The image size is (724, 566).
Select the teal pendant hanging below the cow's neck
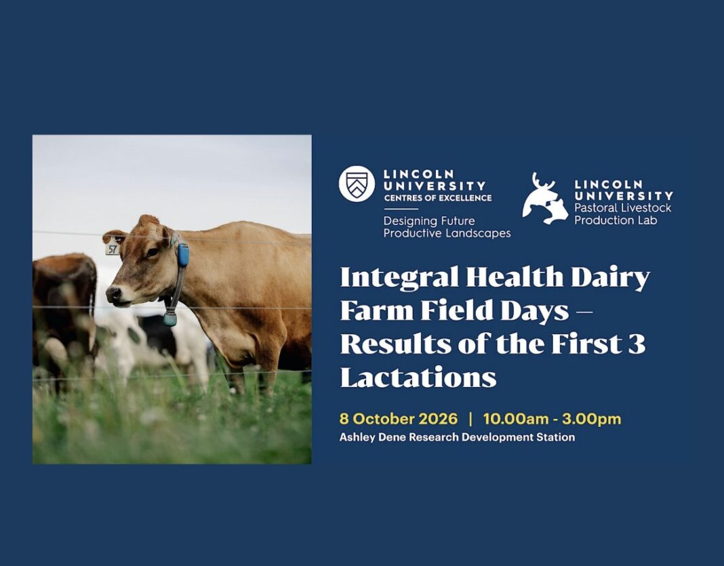tap(169, 319)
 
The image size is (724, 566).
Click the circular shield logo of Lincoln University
tap(357, 184)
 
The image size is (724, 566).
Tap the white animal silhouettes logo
tap(545, 199)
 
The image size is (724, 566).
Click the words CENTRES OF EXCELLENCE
tap(438, 198)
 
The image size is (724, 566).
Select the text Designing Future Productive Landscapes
tap(447, 227)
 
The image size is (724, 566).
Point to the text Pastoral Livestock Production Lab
tap(622, 214)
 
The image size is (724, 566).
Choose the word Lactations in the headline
tap(418, 377)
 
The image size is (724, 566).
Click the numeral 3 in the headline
tap(637, 344)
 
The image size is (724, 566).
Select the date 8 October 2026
tap(399, 419)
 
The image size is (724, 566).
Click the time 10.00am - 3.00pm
tap(552, 419)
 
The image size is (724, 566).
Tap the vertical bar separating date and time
tap(470, 419)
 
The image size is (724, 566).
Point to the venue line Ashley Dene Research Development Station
tap(457, 437)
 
